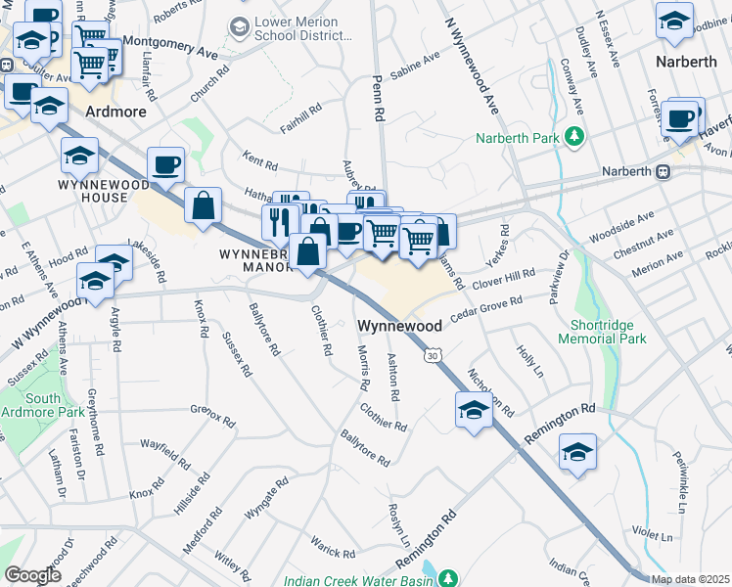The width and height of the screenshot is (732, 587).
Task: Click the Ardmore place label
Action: pyautogui.click(x=115, y=112)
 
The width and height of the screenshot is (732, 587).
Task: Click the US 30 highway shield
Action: pyautogui.click(x=432, y=356)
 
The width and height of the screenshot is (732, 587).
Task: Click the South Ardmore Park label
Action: pyautogui.click(x=43, y=405)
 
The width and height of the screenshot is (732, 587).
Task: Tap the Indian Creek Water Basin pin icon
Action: pyautogui.click(x=448, y=579)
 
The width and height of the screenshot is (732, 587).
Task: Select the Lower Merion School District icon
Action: pyautogui.click(x=238, y=27)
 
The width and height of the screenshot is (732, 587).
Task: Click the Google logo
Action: pyautogui.click(x=32, y=575)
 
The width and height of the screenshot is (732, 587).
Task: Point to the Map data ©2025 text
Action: pyautogui.click(x=689, y=579)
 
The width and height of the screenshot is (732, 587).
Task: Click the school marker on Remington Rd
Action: pyautogui.click(x=577, y=452)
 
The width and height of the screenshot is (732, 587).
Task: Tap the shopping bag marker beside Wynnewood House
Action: pyautogui.click(x=203, y=205)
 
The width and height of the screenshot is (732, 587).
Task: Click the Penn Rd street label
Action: pyautogui.click(x=376, y=95)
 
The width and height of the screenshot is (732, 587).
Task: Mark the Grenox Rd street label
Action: pyautogui.click(x=212, y=415)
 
